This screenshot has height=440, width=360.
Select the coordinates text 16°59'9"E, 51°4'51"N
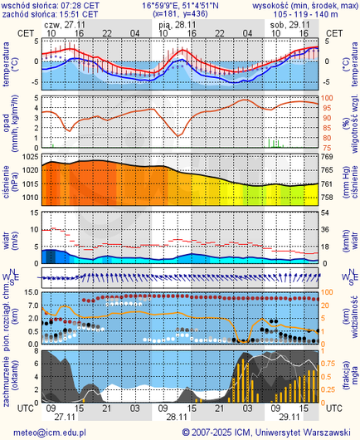click(180, 5)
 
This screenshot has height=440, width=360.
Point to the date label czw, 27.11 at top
click(64, 24)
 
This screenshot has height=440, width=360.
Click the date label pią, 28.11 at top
click(177, 24)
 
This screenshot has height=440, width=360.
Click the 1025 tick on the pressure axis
click(31, 157)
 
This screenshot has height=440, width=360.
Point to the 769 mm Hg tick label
click(326, 157)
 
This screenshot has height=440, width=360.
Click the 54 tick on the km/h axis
click(326, 213)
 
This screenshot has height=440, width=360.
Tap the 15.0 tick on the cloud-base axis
click(30, 292)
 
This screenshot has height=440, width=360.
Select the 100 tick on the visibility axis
click(327, 292)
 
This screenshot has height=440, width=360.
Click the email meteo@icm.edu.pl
click(50, 432)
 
